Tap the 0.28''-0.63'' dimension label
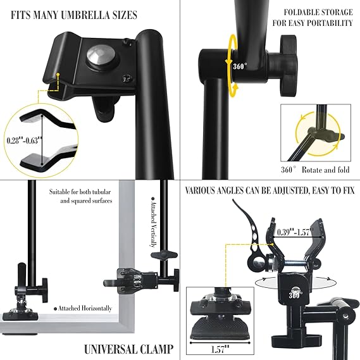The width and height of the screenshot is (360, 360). (x=25, y=140)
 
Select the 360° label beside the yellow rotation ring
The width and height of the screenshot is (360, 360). (x=240, y=66)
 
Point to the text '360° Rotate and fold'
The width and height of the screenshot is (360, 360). (x=315, y=170)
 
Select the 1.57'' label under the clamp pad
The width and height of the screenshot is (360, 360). (x=220, y=349)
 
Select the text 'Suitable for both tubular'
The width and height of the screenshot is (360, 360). (x=80, y=192)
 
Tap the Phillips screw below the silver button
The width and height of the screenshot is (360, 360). (x=127, y=78)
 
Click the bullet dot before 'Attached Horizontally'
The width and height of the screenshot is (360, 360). (x=55, y=309)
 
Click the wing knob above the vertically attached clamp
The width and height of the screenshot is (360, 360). (x=164, y=255)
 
